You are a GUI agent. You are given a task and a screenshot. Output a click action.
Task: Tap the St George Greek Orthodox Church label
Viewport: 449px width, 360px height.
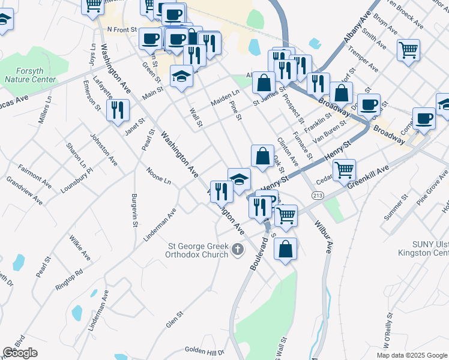197,250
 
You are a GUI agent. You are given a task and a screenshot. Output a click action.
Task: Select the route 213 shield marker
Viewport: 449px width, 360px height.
317,196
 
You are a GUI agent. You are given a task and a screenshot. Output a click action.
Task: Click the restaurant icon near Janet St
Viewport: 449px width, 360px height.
117,110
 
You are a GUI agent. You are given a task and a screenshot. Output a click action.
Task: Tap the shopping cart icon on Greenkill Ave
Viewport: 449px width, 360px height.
344,170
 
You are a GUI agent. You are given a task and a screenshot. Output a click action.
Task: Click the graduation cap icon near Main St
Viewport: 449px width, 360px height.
181,77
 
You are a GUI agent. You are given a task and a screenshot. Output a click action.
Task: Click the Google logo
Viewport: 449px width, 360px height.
20,353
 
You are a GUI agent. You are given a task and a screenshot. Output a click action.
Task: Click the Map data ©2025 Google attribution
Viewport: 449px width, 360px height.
411,355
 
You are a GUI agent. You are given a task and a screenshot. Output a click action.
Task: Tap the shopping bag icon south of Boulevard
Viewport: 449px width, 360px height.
286,248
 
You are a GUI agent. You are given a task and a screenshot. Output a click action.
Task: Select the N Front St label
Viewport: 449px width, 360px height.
122,29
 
